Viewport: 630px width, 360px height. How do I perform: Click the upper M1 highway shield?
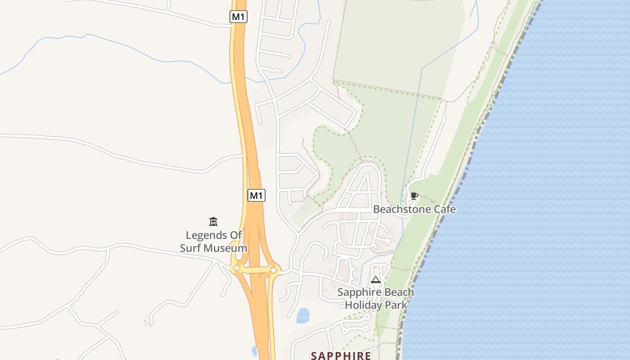[x=238, y=17]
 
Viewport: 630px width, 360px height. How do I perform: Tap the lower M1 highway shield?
[x=256, y=195]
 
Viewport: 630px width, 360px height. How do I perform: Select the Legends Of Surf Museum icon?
[x=213, y=221]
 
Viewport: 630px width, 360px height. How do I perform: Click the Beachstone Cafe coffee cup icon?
[x=414, y=196]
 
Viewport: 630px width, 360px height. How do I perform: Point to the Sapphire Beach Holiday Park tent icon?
[x=376, y=279]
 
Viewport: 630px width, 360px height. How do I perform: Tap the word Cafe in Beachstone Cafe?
[x=445, y=209]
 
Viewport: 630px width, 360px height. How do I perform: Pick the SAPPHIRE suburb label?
[x=341, y=356]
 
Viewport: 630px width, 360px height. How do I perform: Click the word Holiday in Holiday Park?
[x=364, y=305]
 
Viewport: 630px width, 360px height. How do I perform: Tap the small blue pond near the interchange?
[x=303, y=316]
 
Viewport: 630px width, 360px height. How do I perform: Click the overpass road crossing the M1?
[x=256, y=270]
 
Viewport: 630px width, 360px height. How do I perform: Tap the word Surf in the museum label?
[x=191, y=248]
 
